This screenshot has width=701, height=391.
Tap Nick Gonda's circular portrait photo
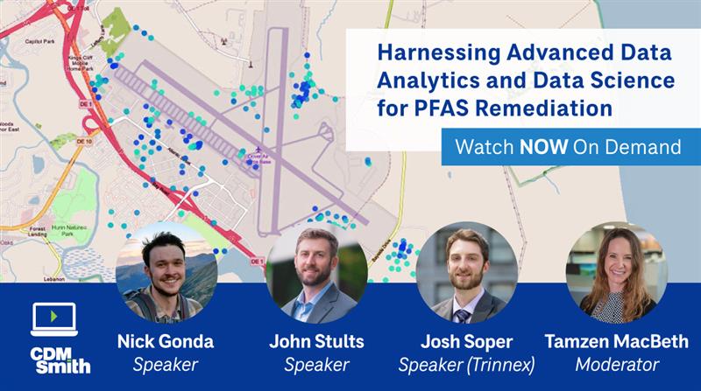pos(166,272)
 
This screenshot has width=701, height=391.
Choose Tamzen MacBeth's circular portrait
pos(616,272)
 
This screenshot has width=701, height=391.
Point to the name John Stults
pos(316,341)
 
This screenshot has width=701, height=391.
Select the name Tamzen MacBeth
pos(616,341)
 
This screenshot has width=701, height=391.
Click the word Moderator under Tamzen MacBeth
pos(616,364)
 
